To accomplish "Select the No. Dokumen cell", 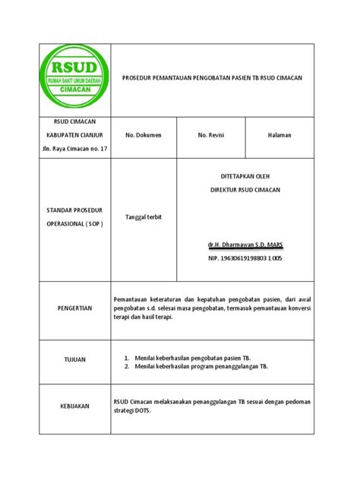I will click(x=144, y=135).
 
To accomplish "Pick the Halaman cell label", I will click(x=279, y=135).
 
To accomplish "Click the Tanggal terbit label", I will click(x=144, y=217).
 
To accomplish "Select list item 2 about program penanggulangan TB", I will click(x=201, y=366).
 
